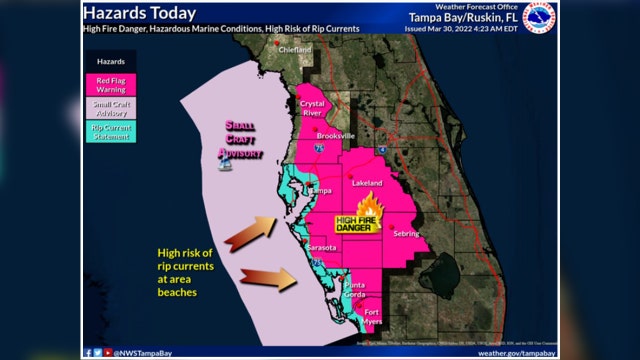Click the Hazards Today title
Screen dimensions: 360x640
138,13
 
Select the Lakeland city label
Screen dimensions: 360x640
367,184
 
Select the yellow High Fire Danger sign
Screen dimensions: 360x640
355,225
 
